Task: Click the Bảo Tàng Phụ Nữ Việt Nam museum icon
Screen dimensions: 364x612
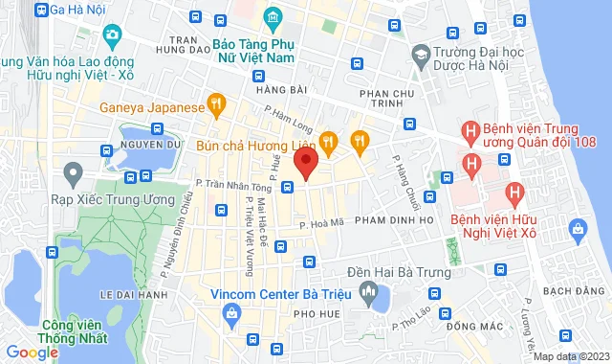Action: (273, 17)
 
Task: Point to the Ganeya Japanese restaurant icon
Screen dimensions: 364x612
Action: (217, 102)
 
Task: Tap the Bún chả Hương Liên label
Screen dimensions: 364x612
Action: (254, 144)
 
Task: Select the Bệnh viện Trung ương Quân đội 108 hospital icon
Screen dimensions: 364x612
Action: (470, 129)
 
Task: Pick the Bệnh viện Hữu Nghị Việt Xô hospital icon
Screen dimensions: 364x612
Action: (515, 194)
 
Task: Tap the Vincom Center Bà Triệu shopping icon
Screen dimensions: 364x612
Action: (230, 313)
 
